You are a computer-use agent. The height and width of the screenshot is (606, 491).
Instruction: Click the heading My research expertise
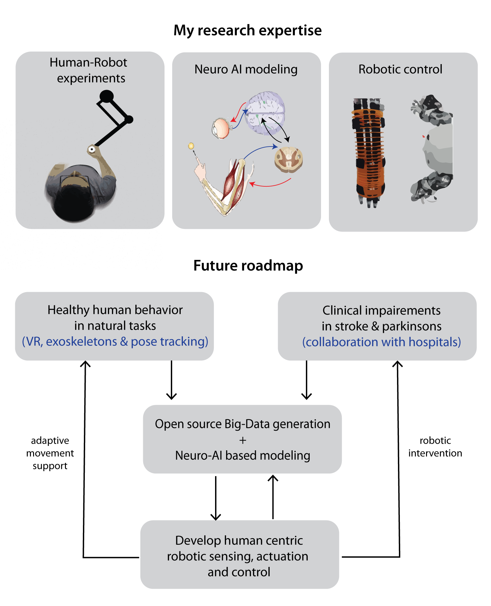click(248, 31)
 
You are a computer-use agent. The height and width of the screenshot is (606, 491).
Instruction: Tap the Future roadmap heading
click(248, 266)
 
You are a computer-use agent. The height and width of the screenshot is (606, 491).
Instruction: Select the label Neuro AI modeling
click(246, 69)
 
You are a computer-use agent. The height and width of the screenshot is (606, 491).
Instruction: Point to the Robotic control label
click(400, 69)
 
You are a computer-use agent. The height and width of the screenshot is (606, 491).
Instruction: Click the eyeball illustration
click(221, 128)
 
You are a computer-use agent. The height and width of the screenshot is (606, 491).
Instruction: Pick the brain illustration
click(266, 112)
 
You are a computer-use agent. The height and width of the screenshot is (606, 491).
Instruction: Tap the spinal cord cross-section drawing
click(289, 159)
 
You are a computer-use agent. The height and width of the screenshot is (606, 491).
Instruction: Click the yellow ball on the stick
click(191, 146)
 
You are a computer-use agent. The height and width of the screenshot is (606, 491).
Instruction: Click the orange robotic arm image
click(369, 152)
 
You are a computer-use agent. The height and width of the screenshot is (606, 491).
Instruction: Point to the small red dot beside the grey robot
click(424, 136)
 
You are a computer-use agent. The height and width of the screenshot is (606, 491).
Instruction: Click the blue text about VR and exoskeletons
click(115, 342)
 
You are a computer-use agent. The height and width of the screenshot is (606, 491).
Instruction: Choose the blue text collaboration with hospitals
click(382, 342)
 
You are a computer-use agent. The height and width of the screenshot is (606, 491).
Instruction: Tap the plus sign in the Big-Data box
click(243, 440)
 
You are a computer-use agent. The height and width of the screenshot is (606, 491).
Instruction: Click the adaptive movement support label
click(50, 453)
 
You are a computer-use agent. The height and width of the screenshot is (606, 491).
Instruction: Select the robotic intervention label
click(435, 447)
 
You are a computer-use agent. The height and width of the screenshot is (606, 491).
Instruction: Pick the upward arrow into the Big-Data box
click(273, 496)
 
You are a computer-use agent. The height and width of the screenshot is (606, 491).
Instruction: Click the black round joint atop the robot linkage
click(107, 96)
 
